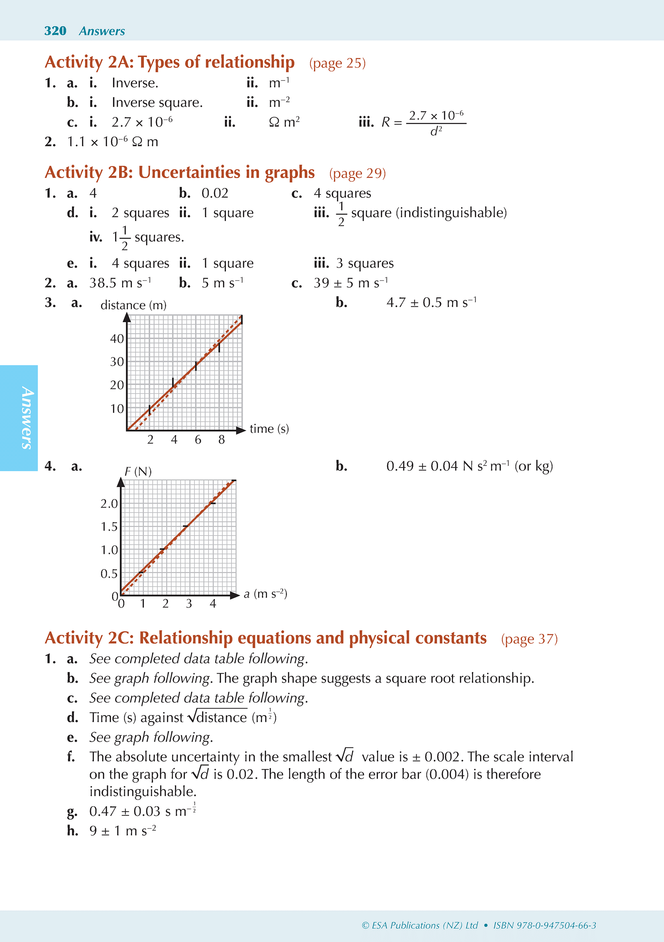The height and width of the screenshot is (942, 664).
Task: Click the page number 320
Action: tap(55, 31)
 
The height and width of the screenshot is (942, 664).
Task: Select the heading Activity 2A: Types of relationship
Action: tap(170, 62)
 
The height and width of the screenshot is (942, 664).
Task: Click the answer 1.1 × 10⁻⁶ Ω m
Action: tap(112, 142)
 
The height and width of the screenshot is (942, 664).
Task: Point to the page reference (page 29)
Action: tap(357, 173)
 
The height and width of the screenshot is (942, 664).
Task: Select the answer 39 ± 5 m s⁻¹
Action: tap(351, 283)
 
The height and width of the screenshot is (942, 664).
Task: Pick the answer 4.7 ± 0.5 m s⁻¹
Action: tap(431, 303)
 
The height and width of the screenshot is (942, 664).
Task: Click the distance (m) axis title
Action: tap(133, 305)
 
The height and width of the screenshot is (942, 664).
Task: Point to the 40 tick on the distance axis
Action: tap(117, 339)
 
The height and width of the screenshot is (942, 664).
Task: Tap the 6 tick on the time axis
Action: tap(198, 440)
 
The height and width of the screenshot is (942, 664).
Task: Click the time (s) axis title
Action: tap(269, 429)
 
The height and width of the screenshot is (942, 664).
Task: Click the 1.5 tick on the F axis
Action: tap(109, 527)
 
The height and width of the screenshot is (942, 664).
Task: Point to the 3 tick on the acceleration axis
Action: tap(189, 603)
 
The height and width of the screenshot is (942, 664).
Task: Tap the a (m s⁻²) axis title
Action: tap(265, 594)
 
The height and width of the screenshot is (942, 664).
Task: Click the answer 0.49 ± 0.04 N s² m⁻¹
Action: tap(470, 466)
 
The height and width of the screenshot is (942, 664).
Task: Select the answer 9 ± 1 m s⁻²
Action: tap(123, 831)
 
